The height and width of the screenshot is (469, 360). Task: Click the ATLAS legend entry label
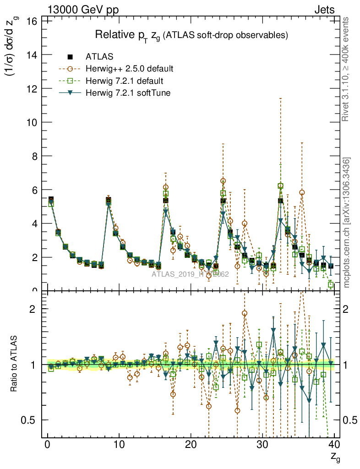tap(99, 57)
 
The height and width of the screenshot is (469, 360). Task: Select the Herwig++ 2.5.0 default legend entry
tap(129, 69)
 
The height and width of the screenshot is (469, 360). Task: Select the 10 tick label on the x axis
tap(119, 444)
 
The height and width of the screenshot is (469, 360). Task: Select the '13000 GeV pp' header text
tap(86, 10)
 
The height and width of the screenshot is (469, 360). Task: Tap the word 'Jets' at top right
tap(324, 10)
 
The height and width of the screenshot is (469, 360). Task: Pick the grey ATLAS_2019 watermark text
tap(190, 274)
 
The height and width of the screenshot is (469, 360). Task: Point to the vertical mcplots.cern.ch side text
tap(347, 223)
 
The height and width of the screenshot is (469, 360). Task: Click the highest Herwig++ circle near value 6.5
tap(223, 181)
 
